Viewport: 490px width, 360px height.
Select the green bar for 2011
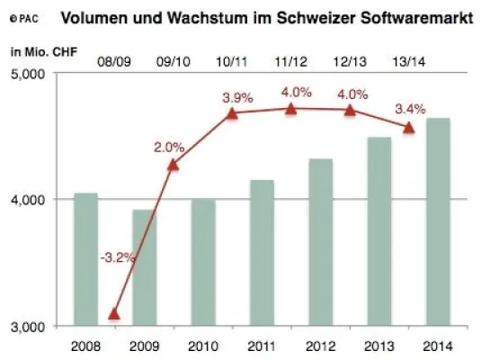262,252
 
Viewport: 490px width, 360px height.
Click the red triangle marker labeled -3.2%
114,313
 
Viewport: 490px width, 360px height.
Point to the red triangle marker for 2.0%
174,164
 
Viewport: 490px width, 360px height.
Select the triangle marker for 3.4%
409,128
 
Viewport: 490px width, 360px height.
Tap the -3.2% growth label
117,257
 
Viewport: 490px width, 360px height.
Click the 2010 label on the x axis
203,345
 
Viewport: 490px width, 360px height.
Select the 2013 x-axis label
379,345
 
